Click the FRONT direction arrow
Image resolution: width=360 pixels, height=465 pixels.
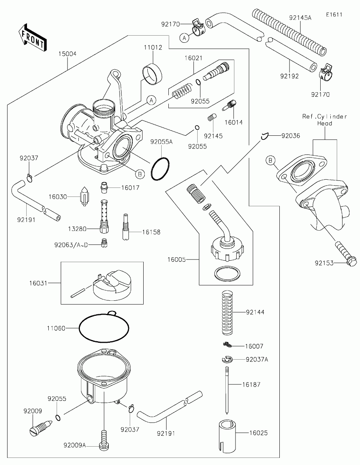pos(33,37)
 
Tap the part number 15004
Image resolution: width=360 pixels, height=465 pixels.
pos(67,54)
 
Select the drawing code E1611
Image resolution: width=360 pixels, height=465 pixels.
pos(334,15)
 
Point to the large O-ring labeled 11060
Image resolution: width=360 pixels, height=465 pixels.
pos(104,327)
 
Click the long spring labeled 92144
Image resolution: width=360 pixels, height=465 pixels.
pos(227,312)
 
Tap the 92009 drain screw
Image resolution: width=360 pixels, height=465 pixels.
pos(41,428)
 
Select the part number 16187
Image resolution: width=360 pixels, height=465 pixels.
pos(251,384)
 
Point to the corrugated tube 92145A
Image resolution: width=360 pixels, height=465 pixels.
pos(289,32)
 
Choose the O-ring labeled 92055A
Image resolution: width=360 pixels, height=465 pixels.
pos(160,169)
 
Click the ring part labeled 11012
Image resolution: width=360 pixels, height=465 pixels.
pos(152,74)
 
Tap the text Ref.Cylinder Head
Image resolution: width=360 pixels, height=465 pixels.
pos(324,120)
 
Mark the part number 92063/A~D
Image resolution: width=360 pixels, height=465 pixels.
pos(71,245)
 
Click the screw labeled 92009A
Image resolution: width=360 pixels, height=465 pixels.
pos(104,441)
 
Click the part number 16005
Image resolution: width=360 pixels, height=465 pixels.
pos(177,259)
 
